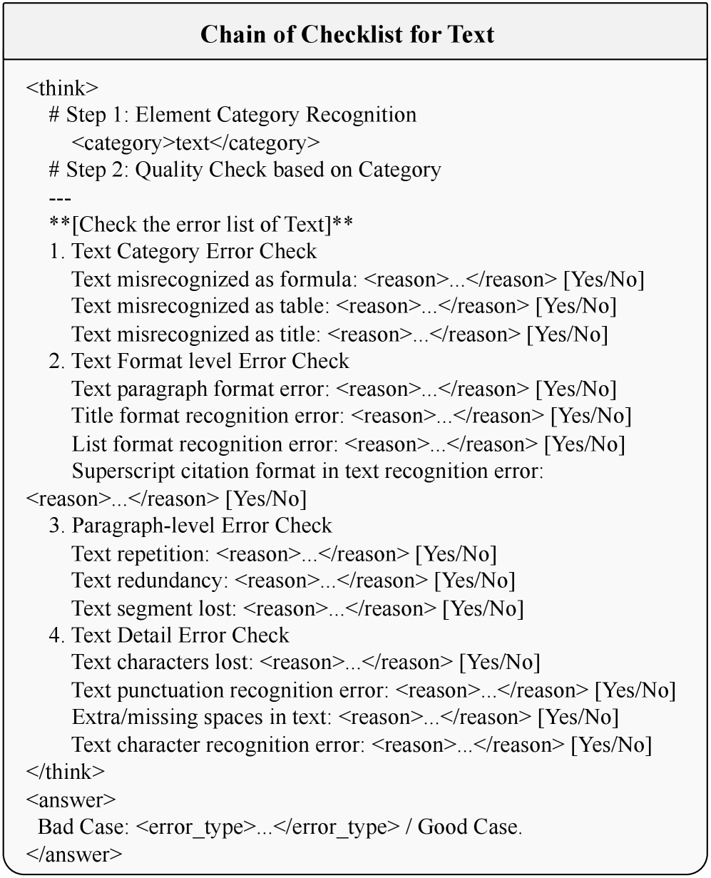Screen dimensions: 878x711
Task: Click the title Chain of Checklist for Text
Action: [x=347, y=34]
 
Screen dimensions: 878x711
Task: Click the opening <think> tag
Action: [x=62, y=88]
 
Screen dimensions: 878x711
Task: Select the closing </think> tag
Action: [x=65, y=772]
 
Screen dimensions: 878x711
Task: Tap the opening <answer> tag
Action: [x=71, y=800]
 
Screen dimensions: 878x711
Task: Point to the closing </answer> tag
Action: [x=73, y=854]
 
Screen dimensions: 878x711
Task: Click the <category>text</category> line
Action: [x=196, y=143]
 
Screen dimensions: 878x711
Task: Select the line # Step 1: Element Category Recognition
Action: [x=232, y=115]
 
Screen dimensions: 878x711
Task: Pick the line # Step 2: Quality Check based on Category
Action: [x=245, y=170]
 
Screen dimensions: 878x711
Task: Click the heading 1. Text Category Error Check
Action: [x=183, y=252]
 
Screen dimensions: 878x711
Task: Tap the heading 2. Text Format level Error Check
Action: [x=199, y=361]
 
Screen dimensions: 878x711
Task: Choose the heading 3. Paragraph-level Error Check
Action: [x=190, y=526]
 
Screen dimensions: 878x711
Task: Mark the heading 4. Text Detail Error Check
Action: [x=169, y=635]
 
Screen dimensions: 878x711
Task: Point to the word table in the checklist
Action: [x=303, y=307]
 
